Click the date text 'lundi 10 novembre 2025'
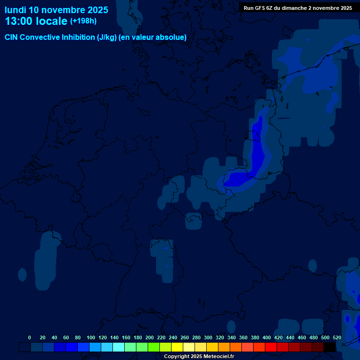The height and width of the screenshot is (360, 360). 56,10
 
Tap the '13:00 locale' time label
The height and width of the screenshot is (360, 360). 36,21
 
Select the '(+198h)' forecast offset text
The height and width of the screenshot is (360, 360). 83,21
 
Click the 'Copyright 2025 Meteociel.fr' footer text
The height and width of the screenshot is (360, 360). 199,356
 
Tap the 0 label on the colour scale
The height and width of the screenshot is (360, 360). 30,337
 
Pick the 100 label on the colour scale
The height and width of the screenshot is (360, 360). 91,337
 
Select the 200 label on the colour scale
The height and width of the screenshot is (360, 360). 150,337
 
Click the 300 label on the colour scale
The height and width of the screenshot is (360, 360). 208,337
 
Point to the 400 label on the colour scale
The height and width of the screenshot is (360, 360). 267,337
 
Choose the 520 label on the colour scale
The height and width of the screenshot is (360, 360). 337,337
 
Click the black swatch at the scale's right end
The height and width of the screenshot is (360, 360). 330,347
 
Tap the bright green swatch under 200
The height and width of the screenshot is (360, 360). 154,347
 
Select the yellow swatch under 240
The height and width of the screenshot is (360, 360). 177,347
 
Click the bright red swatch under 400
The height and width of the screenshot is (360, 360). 271,347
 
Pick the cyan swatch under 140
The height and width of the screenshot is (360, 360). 119,347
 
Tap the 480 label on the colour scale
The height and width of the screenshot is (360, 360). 314,337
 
